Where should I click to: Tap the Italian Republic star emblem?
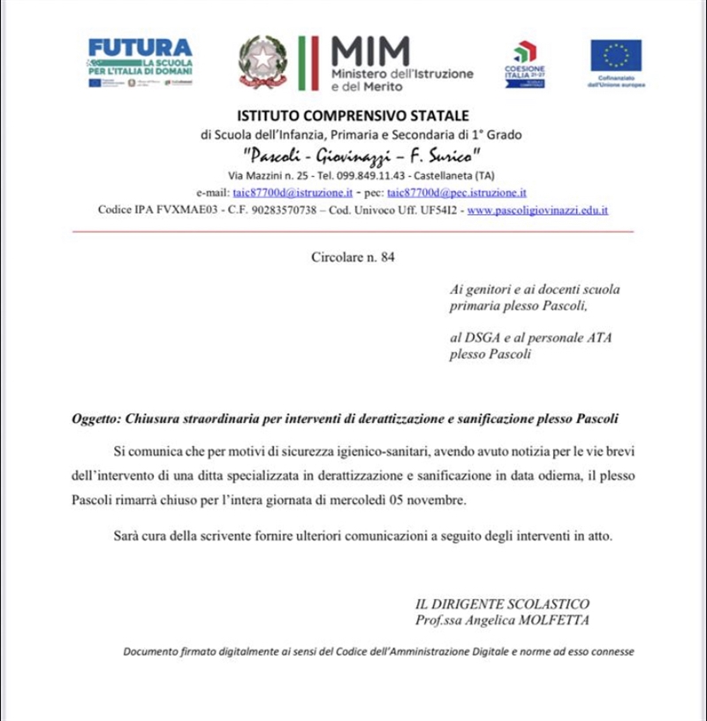[x=262, y=60]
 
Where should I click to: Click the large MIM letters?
[x=370, y=51]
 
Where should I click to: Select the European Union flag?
[x=616, y=56]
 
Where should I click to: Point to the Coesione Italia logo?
[x=525, y=62]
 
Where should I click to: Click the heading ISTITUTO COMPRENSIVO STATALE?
[x=353, y=116]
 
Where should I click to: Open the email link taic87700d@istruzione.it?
[x=293, y=192]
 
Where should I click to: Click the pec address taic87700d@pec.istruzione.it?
[x=457, y=192]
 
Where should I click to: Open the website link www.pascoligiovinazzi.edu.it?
[x=537, y=211]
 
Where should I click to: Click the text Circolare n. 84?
[x=353, y=257]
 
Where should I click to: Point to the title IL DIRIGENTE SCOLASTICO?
[x=502, y=604]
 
